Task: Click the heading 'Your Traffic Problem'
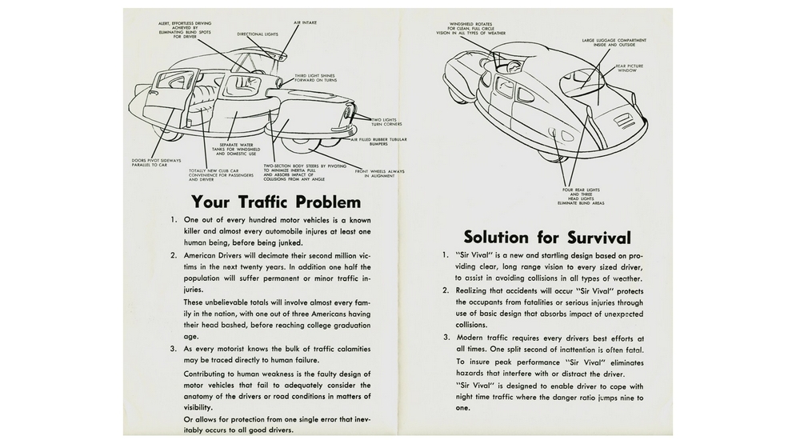tap(276, 202)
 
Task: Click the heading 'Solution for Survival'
tap(547, 238)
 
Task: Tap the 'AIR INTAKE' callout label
tap(308, 22)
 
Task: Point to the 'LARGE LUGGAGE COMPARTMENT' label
tap(614, 41)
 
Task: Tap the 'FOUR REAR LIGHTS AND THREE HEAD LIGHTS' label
tap(580, 195)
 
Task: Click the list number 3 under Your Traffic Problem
tap(174, 349)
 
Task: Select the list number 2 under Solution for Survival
tap(446, 290)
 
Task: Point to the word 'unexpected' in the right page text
tap(614, 314)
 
